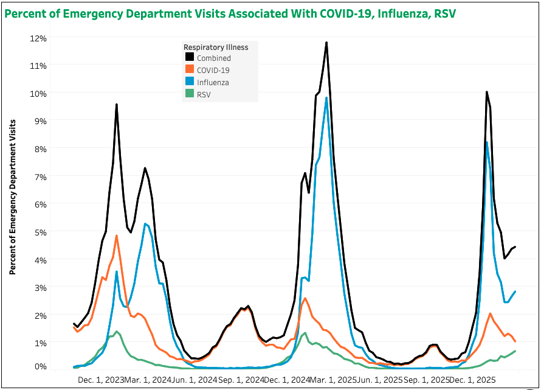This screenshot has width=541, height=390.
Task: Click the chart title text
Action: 230,14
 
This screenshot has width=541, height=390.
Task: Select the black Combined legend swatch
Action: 190,58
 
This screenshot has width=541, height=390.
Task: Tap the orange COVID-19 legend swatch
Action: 190,71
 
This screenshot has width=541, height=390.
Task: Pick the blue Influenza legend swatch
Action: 190,83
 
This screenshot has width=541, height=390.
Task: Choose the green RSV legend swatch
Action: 190,95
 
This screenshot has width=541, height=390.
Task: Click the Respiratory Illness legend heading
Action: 216,47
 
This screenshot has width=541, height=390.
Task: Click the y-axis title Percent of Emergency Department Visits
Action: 12,197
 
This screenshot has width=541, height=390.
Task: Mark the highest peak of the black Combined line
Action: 326,43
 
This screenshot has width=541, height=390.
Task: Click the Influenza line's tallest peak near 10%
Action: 326,98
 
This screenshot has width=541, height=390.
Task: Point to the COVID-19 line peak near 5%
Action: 116,235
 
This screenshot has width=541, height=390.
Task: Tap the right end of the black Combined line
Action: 515,247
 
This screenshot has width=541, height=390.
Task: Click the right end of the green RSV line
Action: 515,351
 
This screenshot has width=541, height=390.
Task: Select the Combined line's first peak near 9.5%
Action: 116,105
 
